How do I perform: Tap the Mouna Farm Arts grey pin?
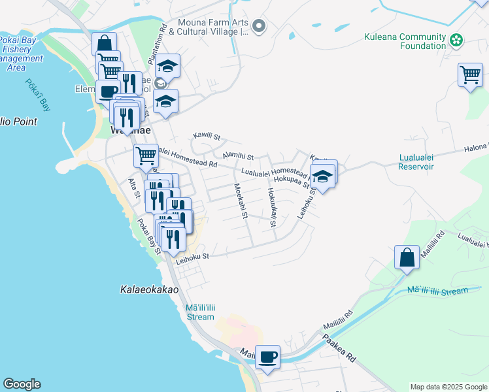click(x=260, y=26)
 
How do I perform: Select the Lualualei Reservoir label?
click(x=416, y=162)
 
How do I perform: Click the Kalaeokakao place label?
click(x=150, y=288)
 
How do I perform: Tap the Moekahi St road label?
click(x=239, y=201)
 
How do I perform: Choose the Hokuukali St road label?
click(x=271, y=208)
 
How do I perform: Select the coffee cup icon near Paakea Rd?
click(x=267, y=357)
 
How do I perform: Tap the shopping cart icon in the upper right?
click(x=470, y=75)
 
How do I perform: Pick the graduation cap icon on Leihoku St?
click(x=322, y=176)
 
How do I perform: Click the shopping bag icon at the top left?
click(x=104, y=44)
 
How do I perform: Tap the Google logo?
click(x=22, y=384)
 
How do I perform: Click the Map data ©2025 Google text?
click(x=448, y=387)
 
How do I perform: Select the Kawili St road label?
click(x=207, y=137)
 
